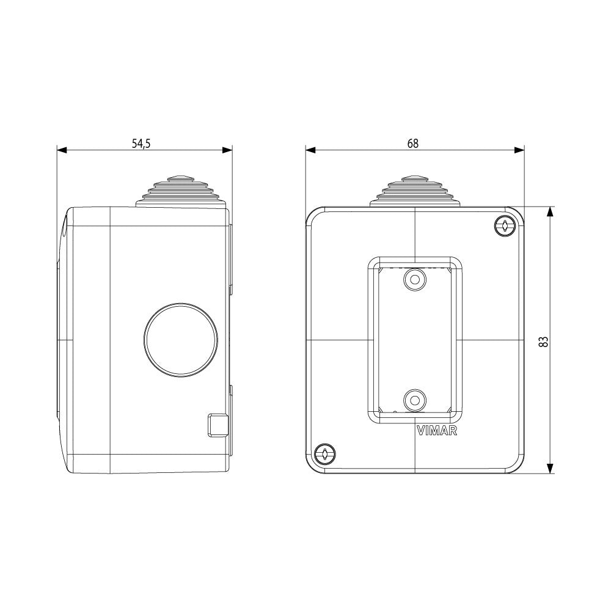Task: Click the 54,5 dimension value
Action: tap(141, 144)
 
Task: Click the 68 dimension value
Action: tap(412, 144)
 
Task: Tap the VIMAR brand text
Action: tap(437, 431)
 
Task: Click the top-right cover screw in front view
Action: tap(505, 226)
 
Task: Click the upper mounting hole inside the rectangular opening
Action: tap(415, 279)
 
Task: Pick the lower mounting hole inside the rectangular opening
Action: tap(415, 400)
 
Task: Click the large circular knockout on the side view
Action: tap(181, 340)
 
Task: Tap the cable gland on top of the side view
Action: tap(181, 192)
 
